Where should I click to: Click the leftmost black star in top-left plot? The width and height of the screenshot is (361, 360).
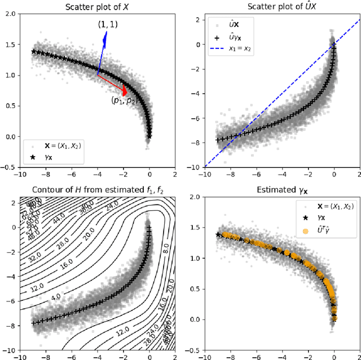pyautogui.click(x=33, y=51)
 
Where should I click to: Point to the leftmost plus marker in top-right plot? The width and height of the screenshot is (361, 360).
pyautogui.click(x=218, y=140)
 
